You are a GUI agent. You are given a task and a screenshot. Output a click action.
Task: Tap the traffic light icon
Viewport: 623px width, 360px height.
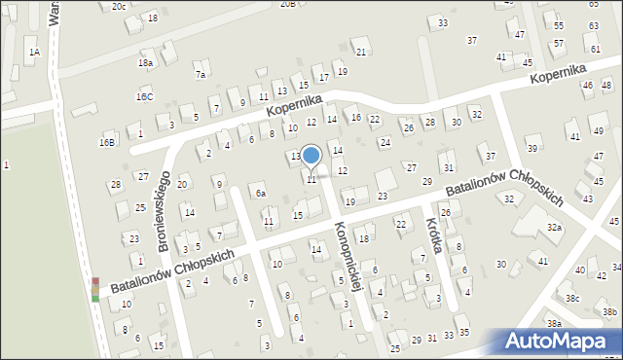[95, 289]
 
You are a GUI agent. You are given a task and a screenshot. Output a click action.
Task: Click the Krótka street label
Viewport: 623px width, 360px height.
[434, 234]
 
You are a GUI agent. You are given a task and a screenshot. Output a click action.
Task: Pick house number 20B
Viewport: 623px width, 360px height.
[287, 4]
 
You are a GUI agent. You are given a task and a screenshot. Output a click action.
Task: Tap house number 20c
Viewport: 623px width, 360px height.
[118, 6]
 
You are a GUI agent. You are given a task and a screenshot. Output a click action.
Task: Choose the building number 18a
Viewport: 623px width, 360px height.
[145, 62]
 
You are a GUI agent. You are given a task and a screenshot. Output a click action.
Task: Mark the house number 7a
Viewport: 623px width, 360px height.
[201, 74]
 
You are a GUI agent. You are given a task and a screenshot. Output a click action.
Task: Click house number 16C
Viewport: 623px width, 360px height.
[144, 97]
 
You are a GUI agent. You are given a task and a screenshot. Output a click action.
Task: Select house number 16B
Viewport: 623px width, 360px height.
[107, 142]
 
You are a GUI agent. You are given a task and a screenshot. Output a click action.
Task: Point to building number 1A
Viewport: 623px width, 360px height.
[34, 52]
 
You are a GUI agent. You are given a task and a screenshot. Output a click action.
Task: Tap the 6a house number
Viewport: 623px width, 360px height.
[260, 194]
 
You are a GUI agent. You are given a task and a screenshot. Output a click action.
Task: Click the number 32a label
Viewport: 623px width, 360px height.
[554, 227]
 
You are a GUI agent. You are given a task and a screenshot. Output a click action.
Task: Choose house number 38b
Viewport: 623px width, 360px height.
[609, 311]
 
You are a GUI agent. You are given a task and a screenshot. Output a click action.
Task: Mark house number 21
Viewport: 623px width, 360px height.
[361, 52]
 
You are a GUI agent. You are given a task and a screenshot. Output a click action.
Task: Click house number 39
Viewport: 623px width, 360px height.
[531, 148]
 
